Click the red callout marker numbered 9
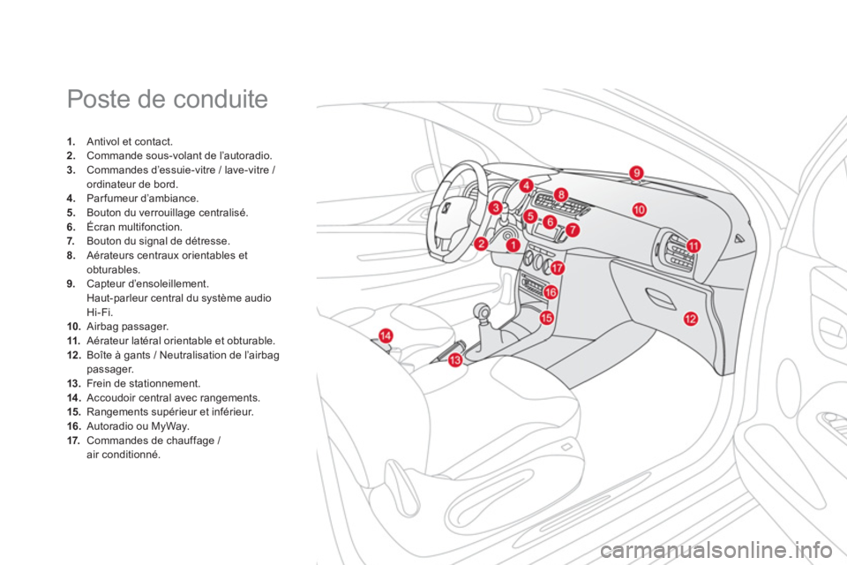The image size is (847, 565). click(637, 172)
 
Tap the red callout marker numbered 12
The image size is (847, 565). click(690, 319)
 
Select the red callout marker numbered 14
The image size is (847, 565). click(386, 335)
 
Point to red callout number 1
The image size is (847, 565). click(513, 245)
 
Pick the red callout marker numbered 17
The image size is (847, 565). click(557, 267)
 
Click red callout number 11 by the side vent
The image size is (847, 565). click(693, 246)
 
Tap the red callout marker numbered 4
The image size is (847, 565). click(526, 185)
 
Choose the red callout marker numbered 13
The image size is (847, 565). click(455, 359)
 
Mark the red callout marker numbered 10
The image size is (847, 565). click(639, 209)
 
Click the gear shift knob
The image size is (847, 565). click(482, 312)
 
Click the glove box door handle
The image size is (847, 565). click(661, 298)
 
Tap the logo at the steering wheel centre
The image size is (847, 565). click(446, 208)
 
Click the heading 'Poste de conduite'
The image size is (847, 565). click(168, 99)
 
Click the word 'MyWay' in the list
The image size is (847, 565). click(169, 426)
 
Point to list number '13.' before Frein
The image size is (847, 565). click(74, 384)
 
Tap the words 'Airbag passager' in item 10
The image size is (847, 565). click(127, 327)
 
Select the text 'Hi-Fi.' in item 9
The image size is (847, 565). click(100, 313)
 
